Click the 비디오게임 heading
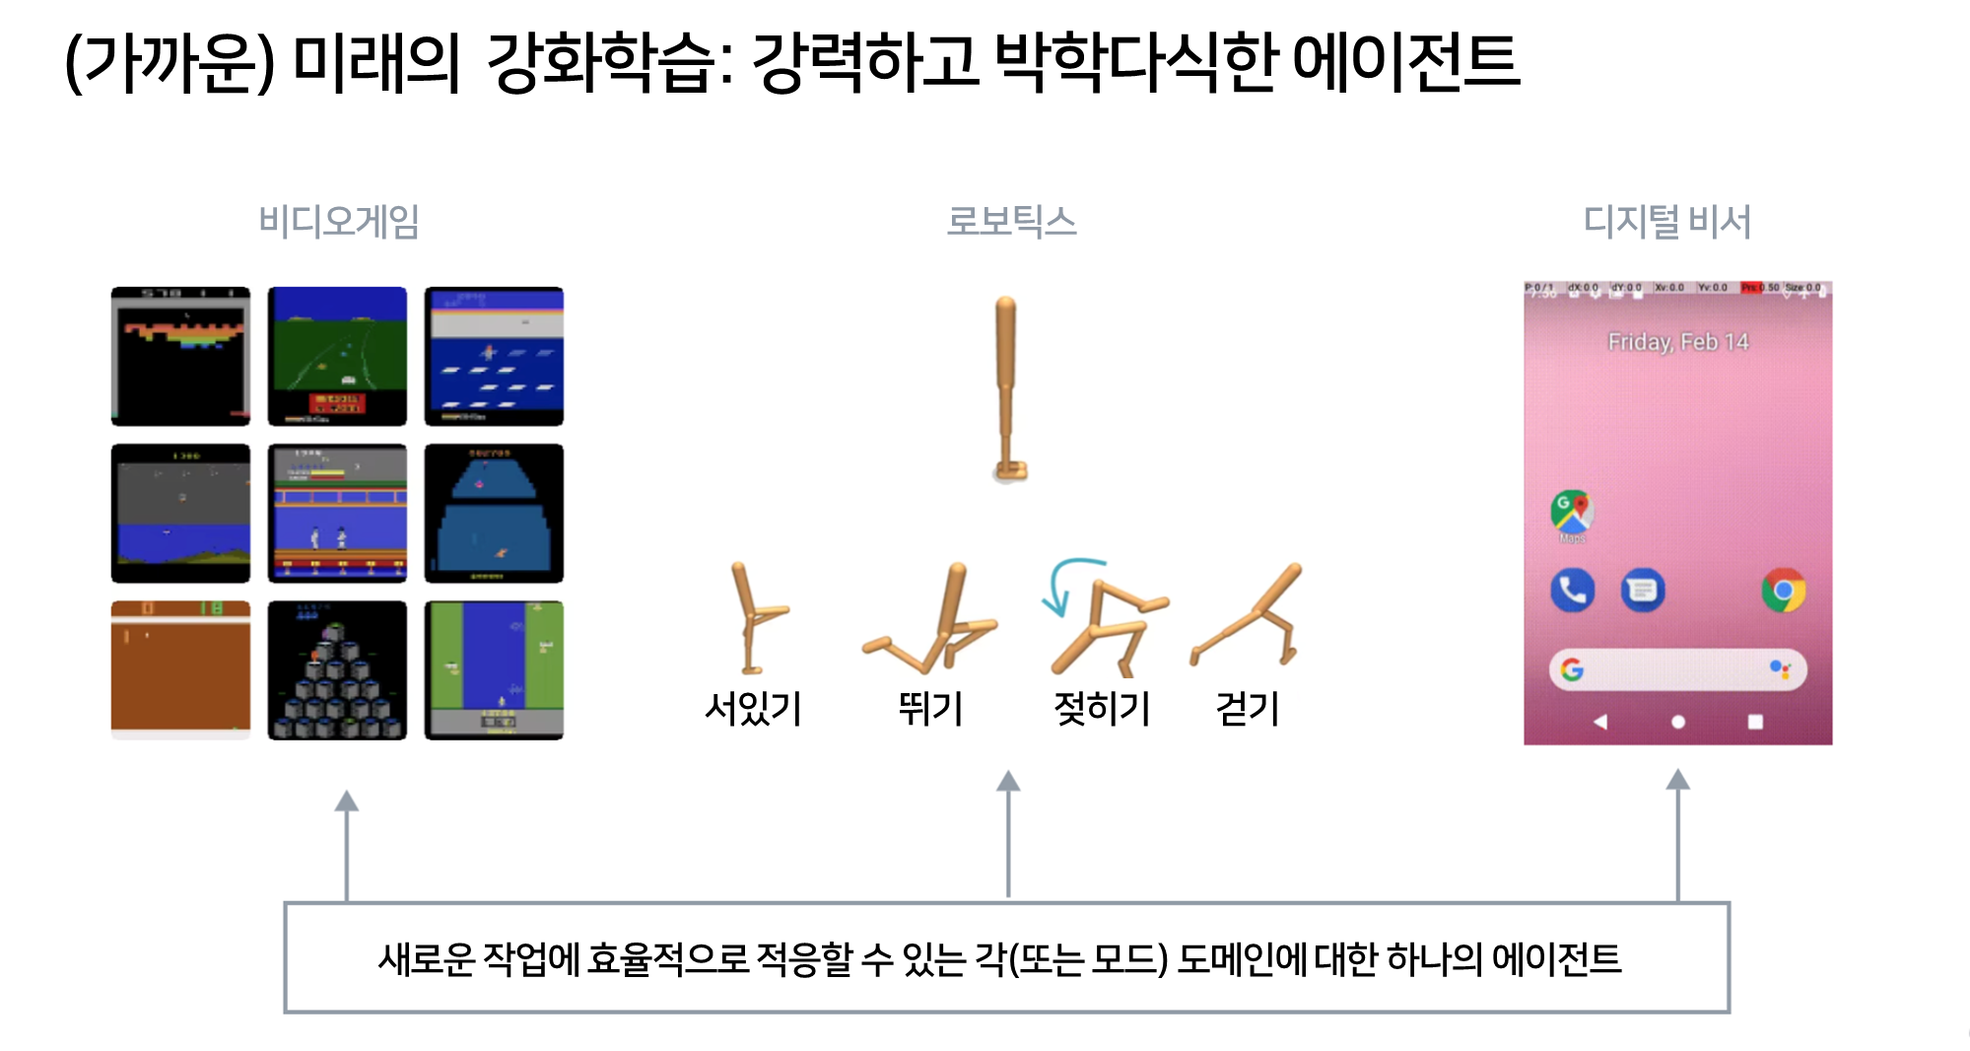(339, 222)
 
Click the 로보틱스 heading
(1011, 222)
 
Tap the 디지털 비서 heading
(1666, 222)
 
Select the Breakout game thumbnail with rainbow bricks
(180, 356)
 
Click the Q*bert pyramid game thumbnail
(337, 670)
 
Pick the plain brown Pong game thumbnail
(180, 670)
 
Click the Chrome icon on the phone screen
(1783, 591)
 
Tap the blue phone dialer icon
(1572, 591)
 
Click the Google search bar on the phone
(1676, 670)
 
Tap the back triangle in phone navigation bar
(1600, 722)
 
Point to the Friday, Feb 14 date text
(1677, 342)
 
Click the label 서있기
(753, 709)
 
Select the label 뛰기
(930, 709)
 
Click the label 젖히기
(1102, 709)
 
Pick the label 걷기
(1248, 709)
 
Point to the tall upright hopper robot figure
(1006, 389)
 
